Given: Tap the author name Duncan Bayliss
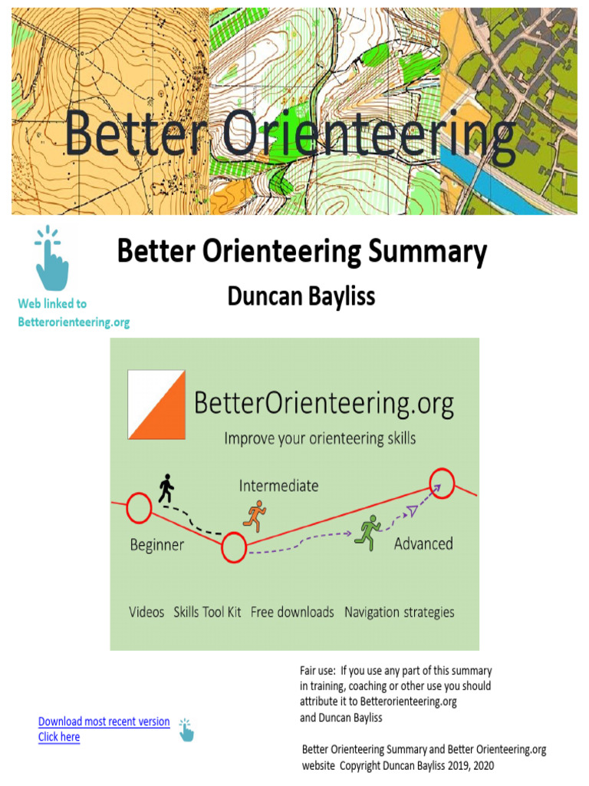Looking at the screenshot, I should [x=301, y=296].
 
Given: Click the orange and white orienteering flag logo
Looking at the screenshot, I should [x=156, y=405].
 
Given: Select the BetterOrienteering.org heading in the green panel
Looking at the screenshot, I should [x=324, y=403].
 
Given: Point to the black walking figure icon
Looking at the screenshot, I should [x=166, y=489].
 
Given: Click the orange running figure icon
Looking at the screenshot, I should [x=254, y=516].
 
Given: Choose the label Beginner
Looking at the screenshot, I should [x=156, y=545].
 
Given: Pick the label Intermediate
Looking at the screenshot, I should [x=278, y=486].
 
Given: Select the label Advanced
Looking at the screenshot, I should [x=423, y=543].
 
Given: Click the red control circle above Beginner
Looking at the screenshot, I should [x=139, y=507].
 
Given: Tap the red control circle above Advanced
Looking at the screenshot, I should [x=441, y=484].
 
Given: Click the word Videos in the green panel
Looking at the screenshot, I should [x=146, y=612].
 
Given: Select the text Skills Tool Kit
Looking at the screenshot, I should [x=207, y=612].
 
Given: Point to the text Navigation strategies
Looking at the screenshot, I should [x=399, y=612].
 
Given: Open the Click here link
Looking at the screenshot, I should [x=59, y=737].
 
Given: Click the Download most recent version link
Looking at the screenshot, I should [x=104, y=722].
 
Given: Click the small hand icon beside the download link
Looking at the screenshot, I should [x=186, y=729].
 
